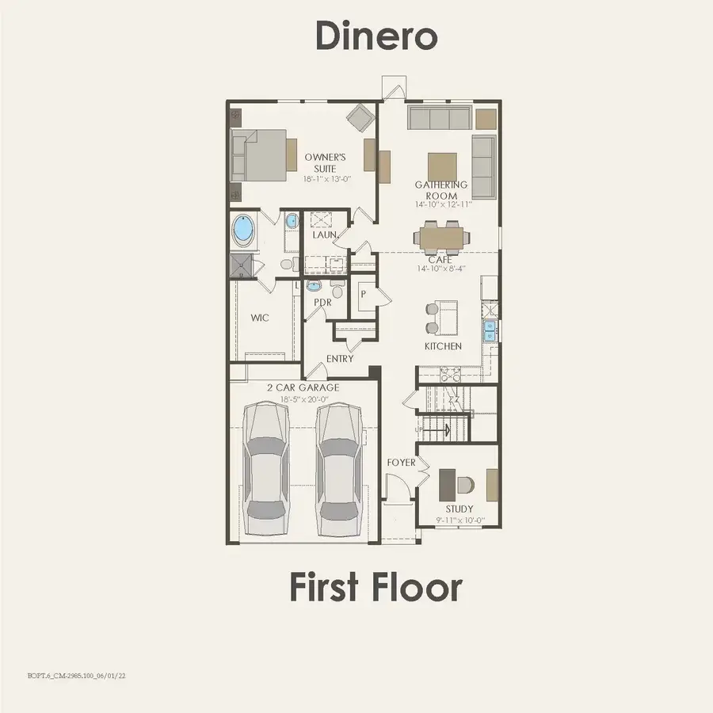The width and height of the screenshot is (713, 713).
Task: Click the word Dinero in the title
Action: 376,36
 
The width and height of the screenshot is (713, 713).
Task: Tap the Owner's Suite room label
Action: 325,162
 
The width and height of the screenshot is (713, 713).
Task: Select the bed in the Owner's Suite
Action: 259,155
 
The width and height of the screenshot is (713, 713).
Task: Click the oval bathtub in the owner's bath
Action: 244,230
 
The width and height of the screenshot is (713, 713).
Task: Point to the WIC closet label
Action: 260,318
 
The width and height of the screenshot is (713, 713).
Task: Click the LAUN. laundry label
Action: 325,235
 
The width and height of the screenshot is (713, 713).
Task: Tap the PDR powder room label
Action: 322,303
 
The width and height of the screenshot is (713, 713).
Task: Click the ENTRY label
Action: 340,359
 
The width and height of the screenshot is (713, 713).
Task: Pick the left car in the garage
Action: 265,468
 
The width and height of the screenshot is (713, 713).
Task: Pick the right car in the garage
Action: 340,468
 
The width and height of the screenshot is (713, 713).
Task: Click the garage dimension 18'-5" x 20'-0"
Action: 304,400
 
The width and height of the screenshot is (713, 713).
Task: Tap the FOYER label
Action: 401,463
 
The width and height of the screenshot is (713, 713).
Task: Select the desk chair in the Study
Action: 465,485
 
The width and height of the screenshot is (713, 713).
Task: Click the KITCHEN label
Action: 443,346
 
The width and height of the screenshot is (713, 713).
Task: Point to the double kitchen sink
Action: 490,330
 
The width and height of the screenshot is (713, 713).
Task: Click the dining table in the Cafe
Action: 441,238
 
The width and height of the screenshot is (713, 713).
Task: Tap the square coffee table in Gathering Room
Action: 442,166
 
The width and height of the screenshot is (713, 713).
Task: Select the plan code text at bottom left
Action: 76,676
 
